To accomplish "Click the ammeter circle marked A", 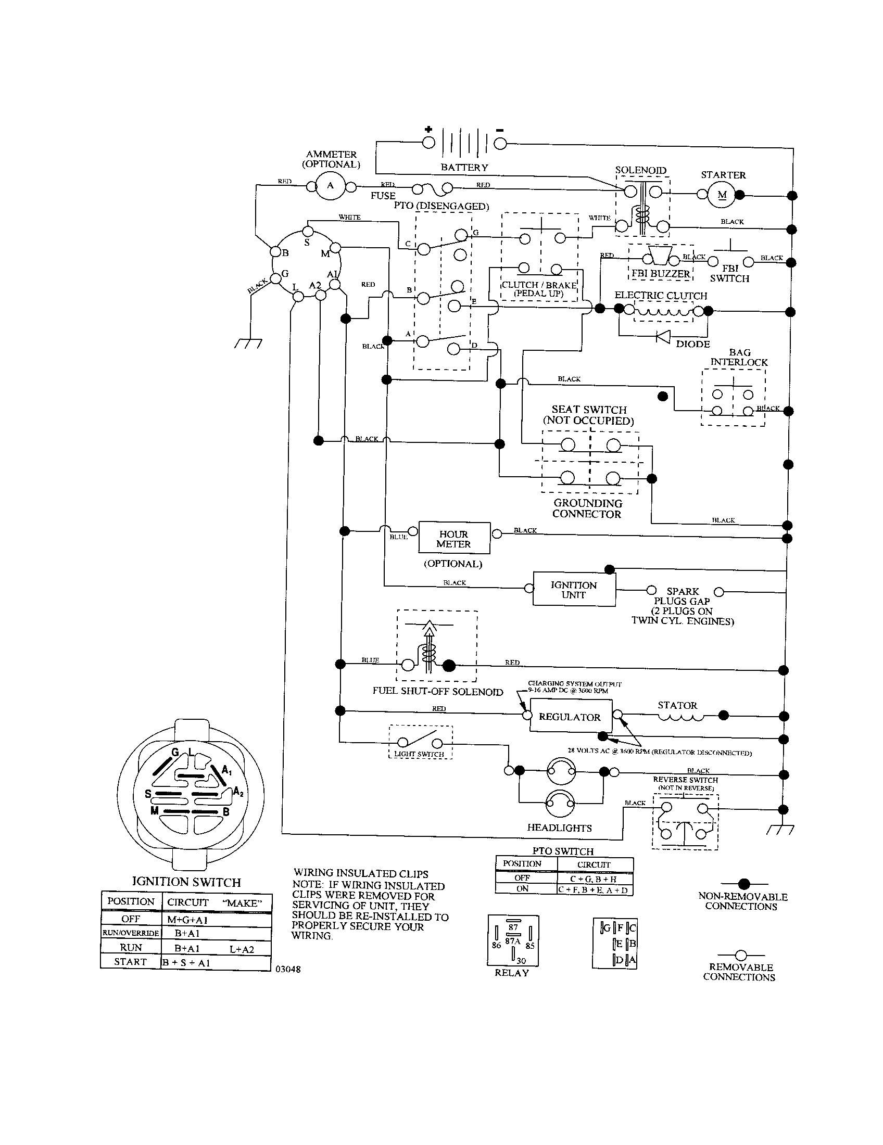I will point(330,186).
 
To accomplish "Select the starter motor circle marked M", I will point(722,196).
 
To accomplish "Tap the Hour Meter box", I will point(453,539).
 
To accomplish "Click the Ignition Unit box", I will point(574,590).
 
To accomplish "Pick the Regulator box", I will point(570,717).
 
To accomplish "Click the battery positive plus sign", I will point(428,130).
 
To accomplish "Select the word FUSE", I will point(383,196).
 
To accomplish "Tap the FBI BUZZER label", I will point(661,274).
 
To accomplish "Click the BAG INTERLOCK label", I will point(739,358).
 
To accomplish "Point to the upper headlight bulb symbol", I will point(561,771).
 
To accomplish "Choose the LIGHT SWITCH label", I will point(419,754).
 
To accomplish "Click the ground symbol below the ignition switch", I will point(248,344).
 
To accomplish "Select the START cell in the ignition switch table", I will point(130,961).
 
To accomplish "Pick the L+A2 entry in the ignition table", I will point(242,947).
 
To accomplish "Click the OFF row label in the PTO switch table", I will point(522,877).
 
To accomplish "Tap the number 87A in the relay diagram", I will point(512,941).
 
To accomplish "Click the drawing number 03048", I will point(288,970).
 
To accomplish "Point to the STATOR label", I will point(677,706).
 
